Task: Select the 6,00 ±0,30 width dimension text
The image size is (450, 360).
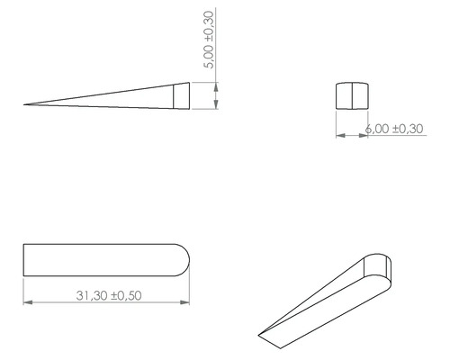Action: (x=393, y=129)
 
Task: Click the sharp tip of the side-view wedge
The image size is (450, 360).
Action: (x=26, y=105)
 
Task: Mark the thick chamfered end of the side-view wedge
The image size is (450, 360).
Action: (x=182, y=95)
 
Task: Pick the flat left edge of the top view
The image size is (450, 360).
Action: (x=23, y=258)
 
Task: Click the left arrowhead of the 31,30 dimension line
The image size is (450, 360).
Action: (x=28, y=302)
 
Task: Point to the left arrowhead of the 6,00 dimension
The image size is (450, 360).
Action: (x=339, y=137)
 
